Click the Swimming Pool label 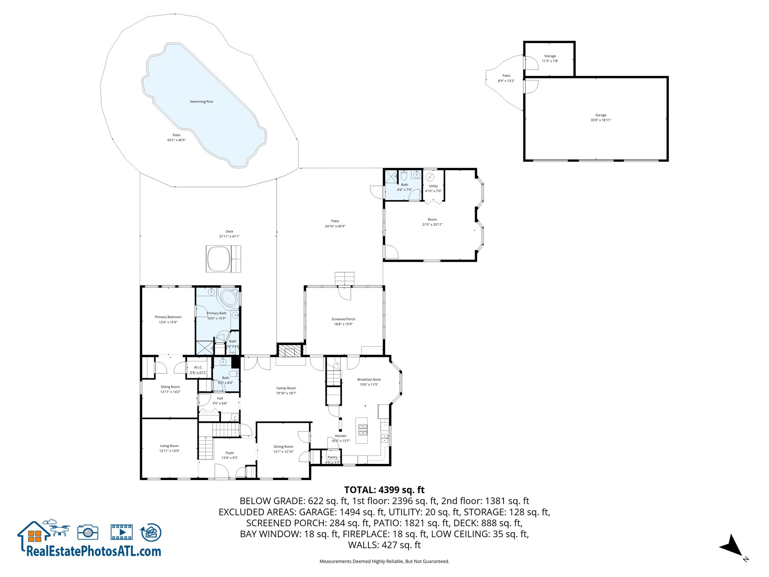(x=201, y=102)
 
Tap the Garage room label (x=601, y=115)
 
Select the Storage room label (x=550, y=56)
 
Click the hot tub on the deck (x=218, y=258)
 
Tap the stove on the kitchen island (x=362, y=430)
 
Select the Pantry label (x=332, y=457)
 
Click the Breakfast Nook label (x=369, y=379)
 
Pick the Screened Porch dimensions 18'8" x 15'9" (x=343, y=324)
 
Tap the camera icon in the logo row (x=88, y=532)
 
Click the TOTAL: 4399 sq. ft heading (x=384, y=490)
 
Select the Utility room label (x=433, y=186)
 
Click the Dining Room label (x=283, y=447)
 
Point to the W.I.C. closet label (x=198, y=367)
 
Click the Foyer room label (x=229, y=453)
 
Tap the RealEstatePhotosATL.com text (x=93, y=551)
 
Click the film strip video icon (x=122, y=532)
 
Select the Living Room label (x=169, y=446)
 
